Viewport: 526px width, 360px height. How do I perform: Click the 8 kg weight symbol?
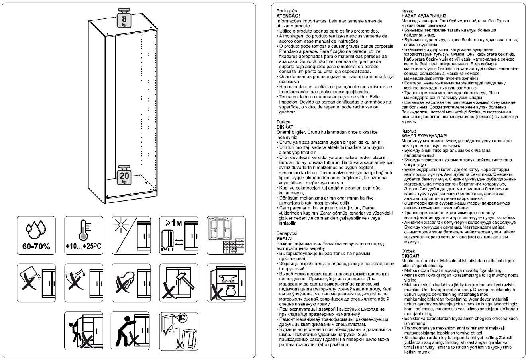coord(125,18)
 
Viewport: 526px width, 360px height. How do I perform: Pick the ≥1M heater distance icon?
coord(177,235)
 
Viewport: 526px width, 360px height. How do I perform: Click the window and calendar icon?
coord(224,235)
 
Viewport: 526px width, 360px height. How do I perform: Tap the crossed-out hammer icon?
coord(177,282)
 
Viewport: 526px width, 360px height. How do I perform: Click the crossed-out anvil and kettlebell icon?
coord(224,282)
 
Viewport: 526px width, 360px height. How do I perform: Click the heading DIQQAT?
coord(410,255)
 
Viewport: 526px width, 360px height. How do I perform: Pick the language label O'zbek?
coord(409,251)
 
